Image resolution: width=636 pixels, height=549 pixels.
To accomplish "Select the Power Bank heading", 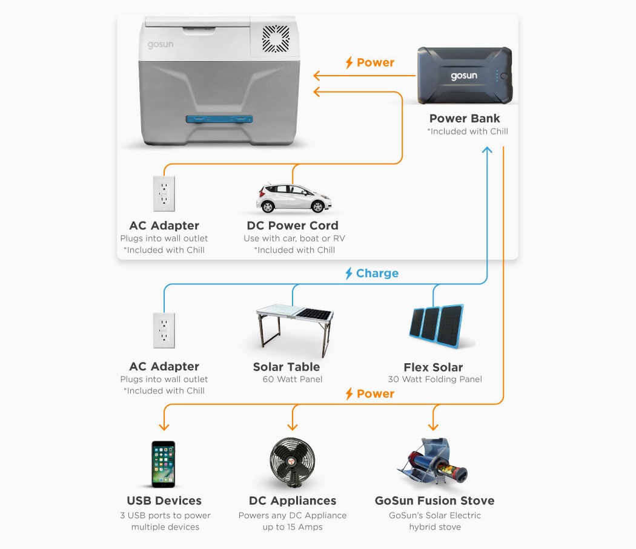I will coord(465,118).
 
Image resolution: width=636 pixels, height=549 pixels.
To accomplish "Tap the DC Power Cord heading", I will coord(293,226).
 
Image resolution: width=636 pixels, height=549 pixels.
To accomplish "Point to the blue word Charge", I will coord(377,273).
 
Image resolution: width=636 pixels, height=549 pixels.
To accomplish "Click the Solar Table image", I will coord(293,330).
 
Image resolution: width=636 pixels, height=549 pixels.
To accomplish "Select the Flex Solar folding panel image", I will coord(435,327).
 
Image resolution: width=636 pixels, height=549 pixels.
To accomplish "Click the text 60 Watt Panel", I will coord(293,380).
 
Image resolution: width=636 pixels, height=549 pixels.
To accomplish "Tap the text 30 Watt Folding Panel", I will coord(435,380).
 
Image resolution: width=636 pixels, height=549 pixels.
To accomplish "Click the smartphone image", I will coord(163,464).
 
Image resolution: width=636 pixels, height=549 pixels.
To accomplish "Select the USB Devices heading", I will coord(164,501).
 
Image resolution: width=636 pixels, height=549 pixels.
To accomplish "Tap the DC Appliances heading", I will coord(293,501).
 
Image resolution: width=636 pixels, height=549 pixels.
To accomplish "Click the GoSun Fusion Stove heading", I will coord(434,501).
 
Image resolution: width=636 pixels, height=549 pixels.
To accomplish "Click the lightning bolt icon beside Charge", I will coord(349,274).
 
